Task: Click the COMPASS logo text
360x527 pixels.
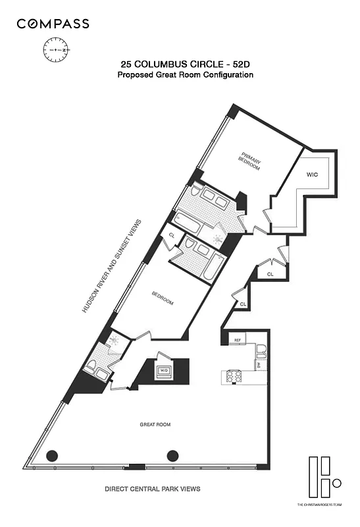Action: tap(53, 24)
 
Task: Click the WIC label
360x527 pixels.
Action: tap(312, 175)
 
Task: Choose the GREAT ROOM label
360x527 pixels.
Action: tap(155, 425)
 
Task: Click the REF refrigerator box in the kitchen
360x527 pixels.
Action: tap(236, 340)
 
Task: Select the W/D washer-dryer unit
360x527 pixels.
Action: tap(163, 370)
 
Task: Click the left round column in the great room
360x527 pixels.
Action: tap(52, 455)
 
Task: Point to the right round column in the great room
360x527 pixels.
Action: tap(173, 455)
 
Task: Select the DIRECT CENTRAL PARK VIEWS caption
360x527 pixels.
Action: tap(153, 489)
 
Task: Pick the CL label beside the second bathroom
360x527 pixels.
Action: tap(172, 235)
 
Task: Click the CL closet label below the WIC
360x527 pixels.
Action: tap(270, 274)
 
